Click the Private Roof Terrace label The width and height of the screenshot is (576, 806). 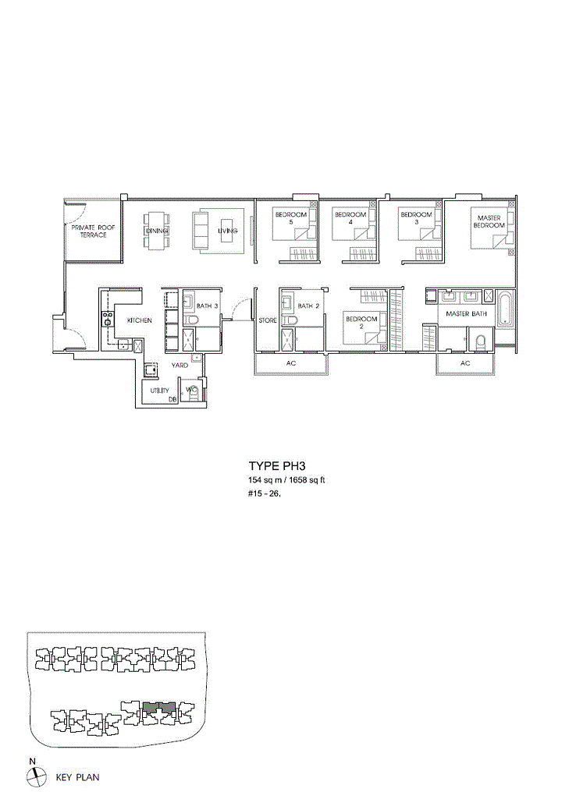pyautogui.click(x=93, y=231)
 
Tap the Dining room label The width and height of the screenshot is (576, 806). pyautogui.click(x=156, y=231)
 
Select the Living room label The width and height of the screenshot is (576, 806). pyautogui.click(x=227, y=231)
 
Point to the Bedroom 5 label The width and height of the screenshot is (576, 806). pyautogui.click(x=291, y=218)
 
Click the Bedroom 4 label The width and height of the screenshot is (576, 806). pyautogui.click(x=350, y=218)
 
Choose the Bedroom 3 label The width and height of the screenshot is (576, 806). pyautogui.click(x=417, y=218)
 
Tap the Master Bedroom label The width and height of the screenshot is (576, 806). pyautogui.click(x=489, y=221)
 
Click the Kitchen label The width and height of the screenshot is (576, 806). pyautogui.click(x=140, y=320)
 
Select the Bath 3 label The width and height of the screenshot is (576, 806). pyautogui.click(x=208, y=306)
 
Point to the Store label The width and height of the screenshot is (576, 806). pyautogui.click(x=268, y=320)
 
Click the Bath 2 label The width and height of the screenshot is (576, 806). pyautogui.click(x=309, y=306)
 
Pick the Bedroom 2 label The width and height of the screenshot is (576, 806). pyautogui.click(x=361, y=323)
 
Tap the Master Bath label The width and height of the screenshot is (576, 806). pyautogui.click(x=467, y=313)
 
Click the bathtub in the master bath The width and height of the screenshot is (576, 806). pyautogui.click(x=505, y=309)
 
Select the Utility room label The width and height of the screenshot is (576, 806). pyautogui.click(x=159, y=391)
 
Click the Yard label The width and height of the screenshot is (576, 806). pyautogui.click(x=180, y=366)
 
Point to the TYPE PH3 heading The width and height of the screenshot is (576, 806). pyautogui.click(x=277, y=466)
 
